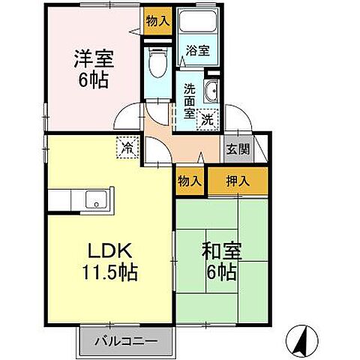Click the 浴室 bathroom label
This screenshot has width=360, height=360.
(x=199, y=52)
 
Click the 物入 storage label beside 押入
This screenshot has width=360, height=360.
(x=190, y=180)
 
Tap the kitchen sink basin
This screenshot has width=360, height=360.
(x=96, y=199)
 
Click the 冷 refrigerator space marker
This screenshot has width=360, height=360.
(x=128, y=148)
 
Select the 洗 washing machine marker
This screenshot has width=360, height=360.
(x=209, y=118)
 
